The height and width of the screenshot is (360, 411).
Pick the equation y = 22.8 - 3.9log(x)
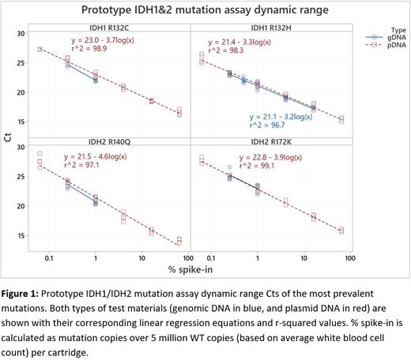(263, 157)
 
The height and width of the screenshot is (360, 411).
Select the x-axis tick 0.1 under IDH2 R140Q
(50, 259)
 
